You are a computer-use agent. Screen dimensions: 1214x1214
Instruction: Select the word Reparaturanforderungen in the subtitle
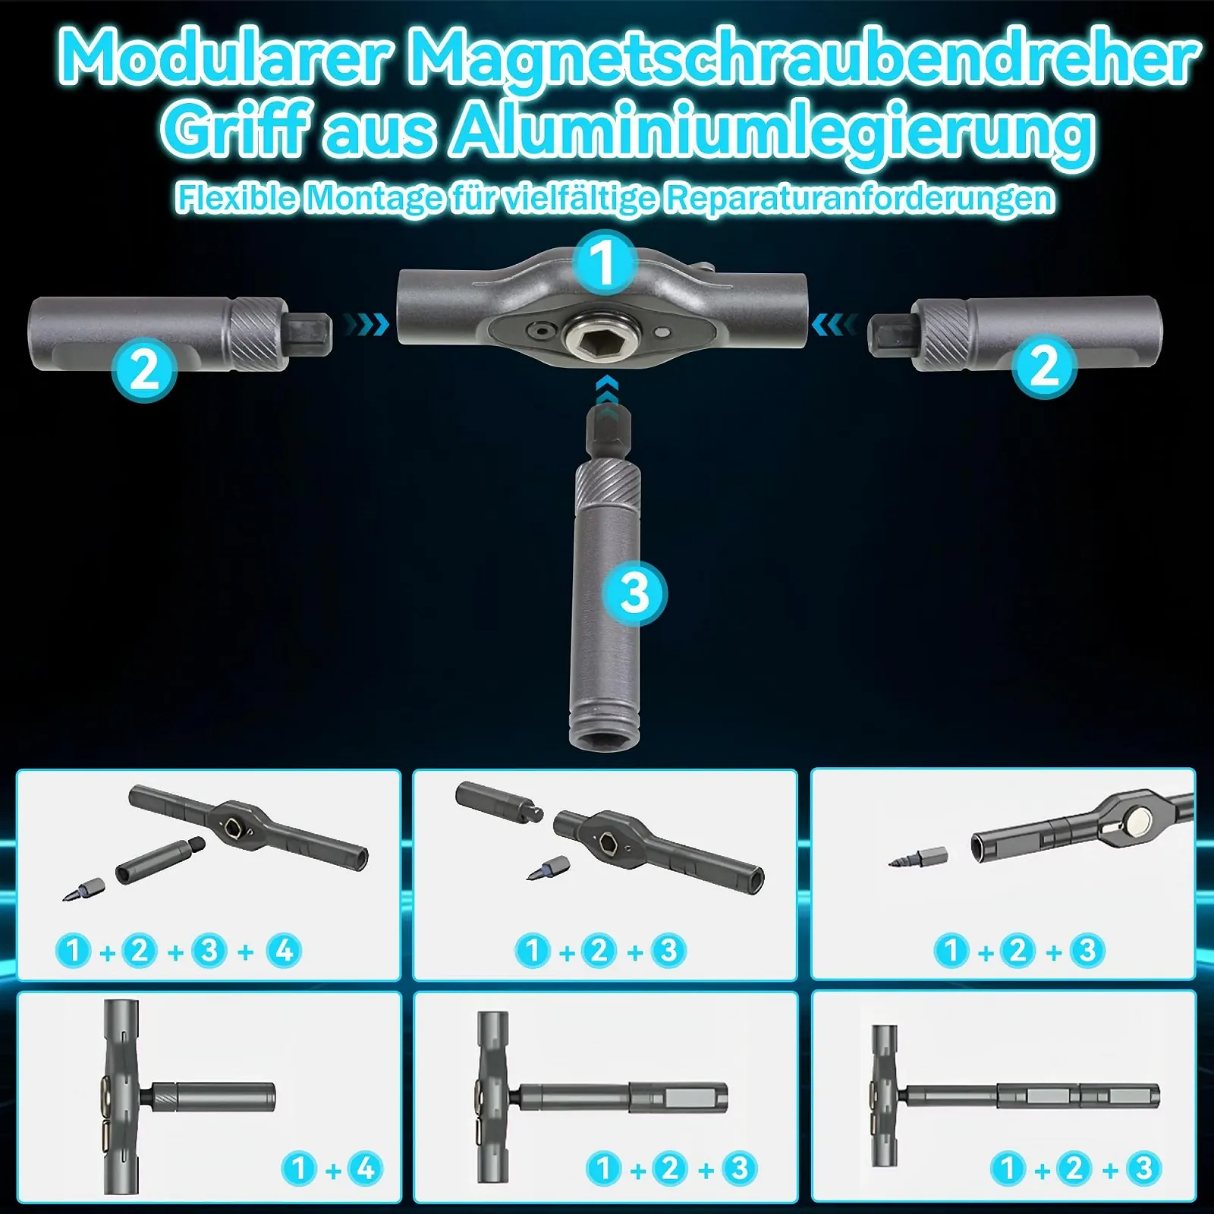[x=860, y=199]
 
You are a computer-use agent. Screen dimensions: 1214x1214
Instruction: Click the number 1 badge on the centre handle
[x=604, y=263]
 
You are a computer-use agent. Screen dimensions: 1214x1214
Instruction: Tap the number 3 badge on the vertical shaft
[x=634, y=593]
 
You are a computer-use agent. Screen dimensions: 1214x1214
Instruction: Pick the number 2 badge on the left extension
[x=144, y=370]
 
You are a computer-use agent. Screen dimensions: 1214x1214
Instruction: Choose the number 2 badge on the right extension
[x=1045, y=366]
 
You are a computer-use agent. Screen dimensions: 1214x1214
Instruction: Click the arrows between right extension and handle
[x=834, y=325]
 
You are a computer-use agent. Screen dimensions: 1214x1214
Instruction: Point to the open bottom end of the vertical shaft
[x=605, y=736]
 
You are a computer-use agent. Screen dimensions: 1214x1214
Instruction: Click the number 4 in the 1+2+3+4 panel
[x=284, y=950]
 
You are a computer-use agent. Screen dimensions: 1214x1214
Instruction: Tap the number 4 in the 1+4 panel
[x=366, y=1168]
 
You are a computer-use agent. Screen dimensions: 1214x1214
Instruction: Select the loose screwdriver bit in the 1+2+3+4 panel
[x=83, y=888]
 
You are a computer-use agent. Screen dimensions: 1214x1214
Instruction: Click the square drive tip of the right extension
[x=890, y=336]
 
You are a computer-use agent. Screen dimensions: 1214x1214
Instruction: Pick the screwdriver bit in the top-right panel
[x=917, y=858]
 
